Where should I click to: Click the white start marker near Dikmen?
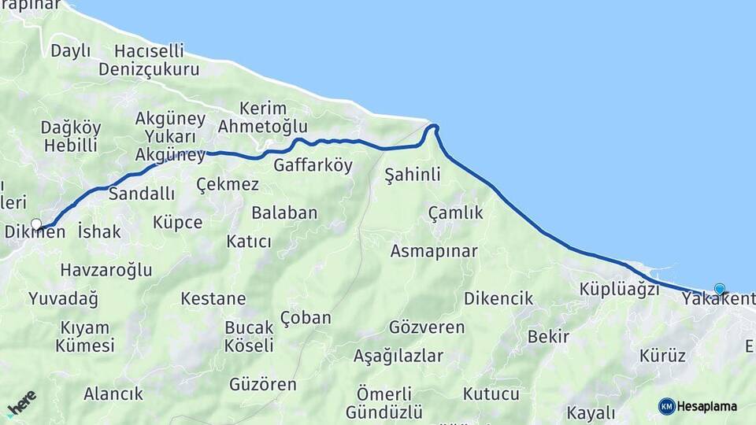36,224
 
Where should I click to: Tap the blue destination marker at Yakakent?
719,289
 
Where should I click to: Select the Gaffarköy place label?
313,166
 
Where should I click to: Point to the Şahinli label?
412,175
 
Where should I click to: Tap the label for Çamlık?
455,213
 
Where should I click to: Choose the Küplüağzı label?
619,289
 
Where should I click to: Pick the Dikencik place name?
498,299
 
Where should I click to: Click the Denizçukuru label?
149,69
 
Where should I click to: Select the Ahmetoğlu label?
262,127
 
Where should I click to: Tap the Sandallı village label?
142,194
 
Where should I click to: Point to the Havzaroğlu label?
106,271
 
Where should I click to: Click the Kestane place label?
213,299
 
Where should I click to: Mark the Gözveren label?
427,327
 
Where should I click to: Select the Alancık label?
113,394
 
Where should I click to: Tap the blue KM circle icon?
667,406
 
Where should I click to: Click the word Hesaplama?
707,407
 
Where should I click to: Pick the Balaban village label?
284,213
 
